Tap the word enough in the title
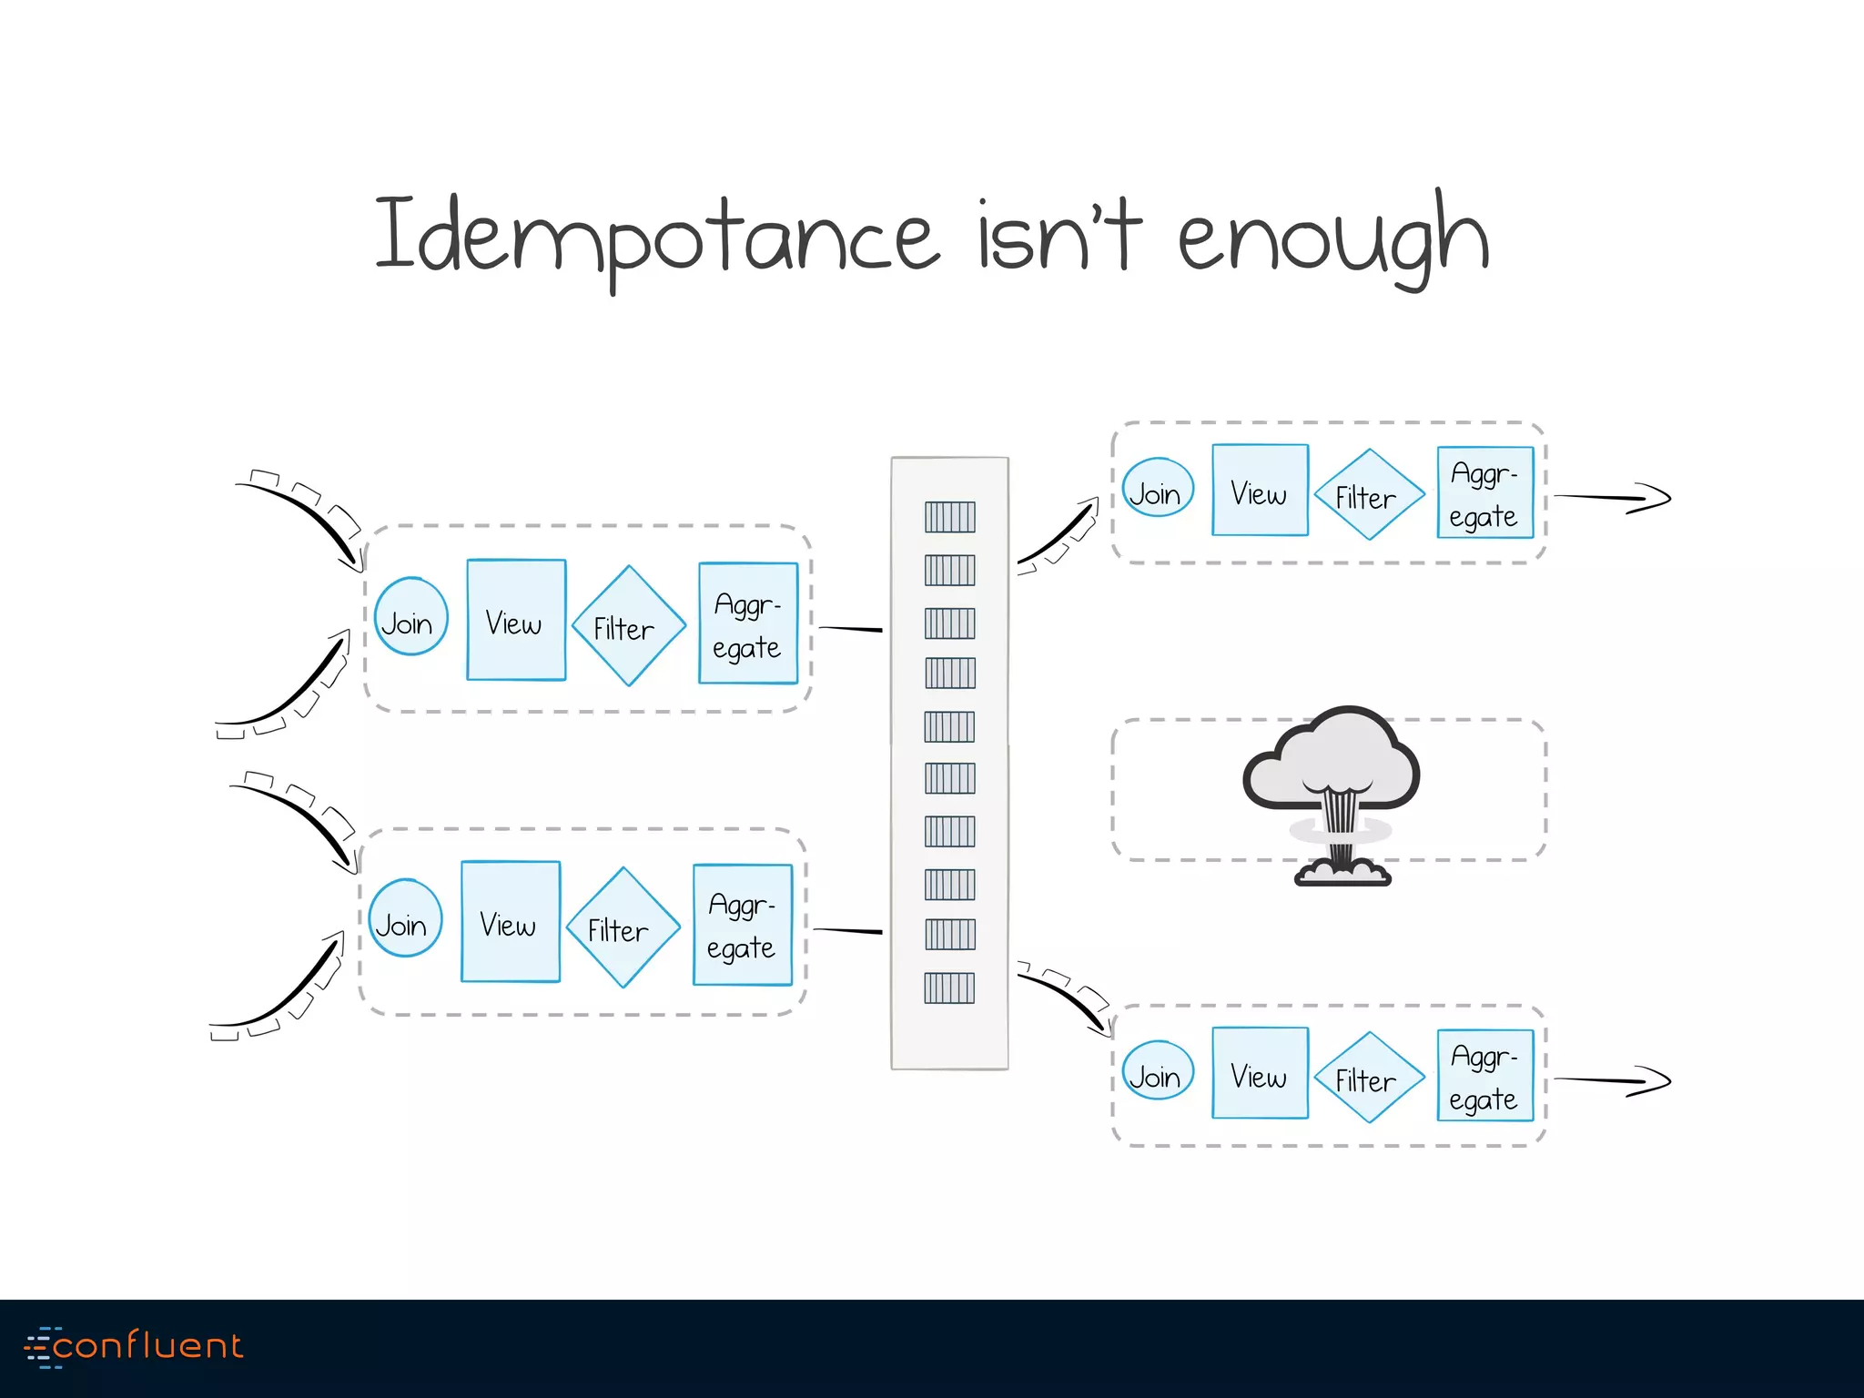coord(1333,238)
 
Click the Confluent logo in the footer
coord(135,1346)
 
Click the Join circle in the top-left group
coord(410,617)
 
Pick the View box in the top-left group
coord(516,621)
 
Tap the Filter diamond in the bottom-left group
coord(623,927)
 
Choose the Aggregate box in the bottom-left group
coord(742,926)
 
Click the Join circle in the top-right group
coord(1157,488)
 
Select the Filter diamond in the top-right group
coord(1368,494)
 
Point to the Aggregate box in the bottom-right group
coord(1484,1076)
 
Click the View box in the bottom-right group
coord(1260,1073)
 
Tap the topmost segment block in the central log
coord(949,517)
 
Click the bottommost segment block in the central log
coord(949,988)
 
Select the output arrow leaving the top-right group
coord(1611,498)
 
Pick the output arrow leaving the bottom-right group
coord(1611,1080)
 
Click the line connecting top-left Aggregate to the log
coord(850,629)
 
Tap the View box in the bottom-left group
coord(511,922)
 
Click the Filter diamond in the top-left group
coord(628,626)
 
